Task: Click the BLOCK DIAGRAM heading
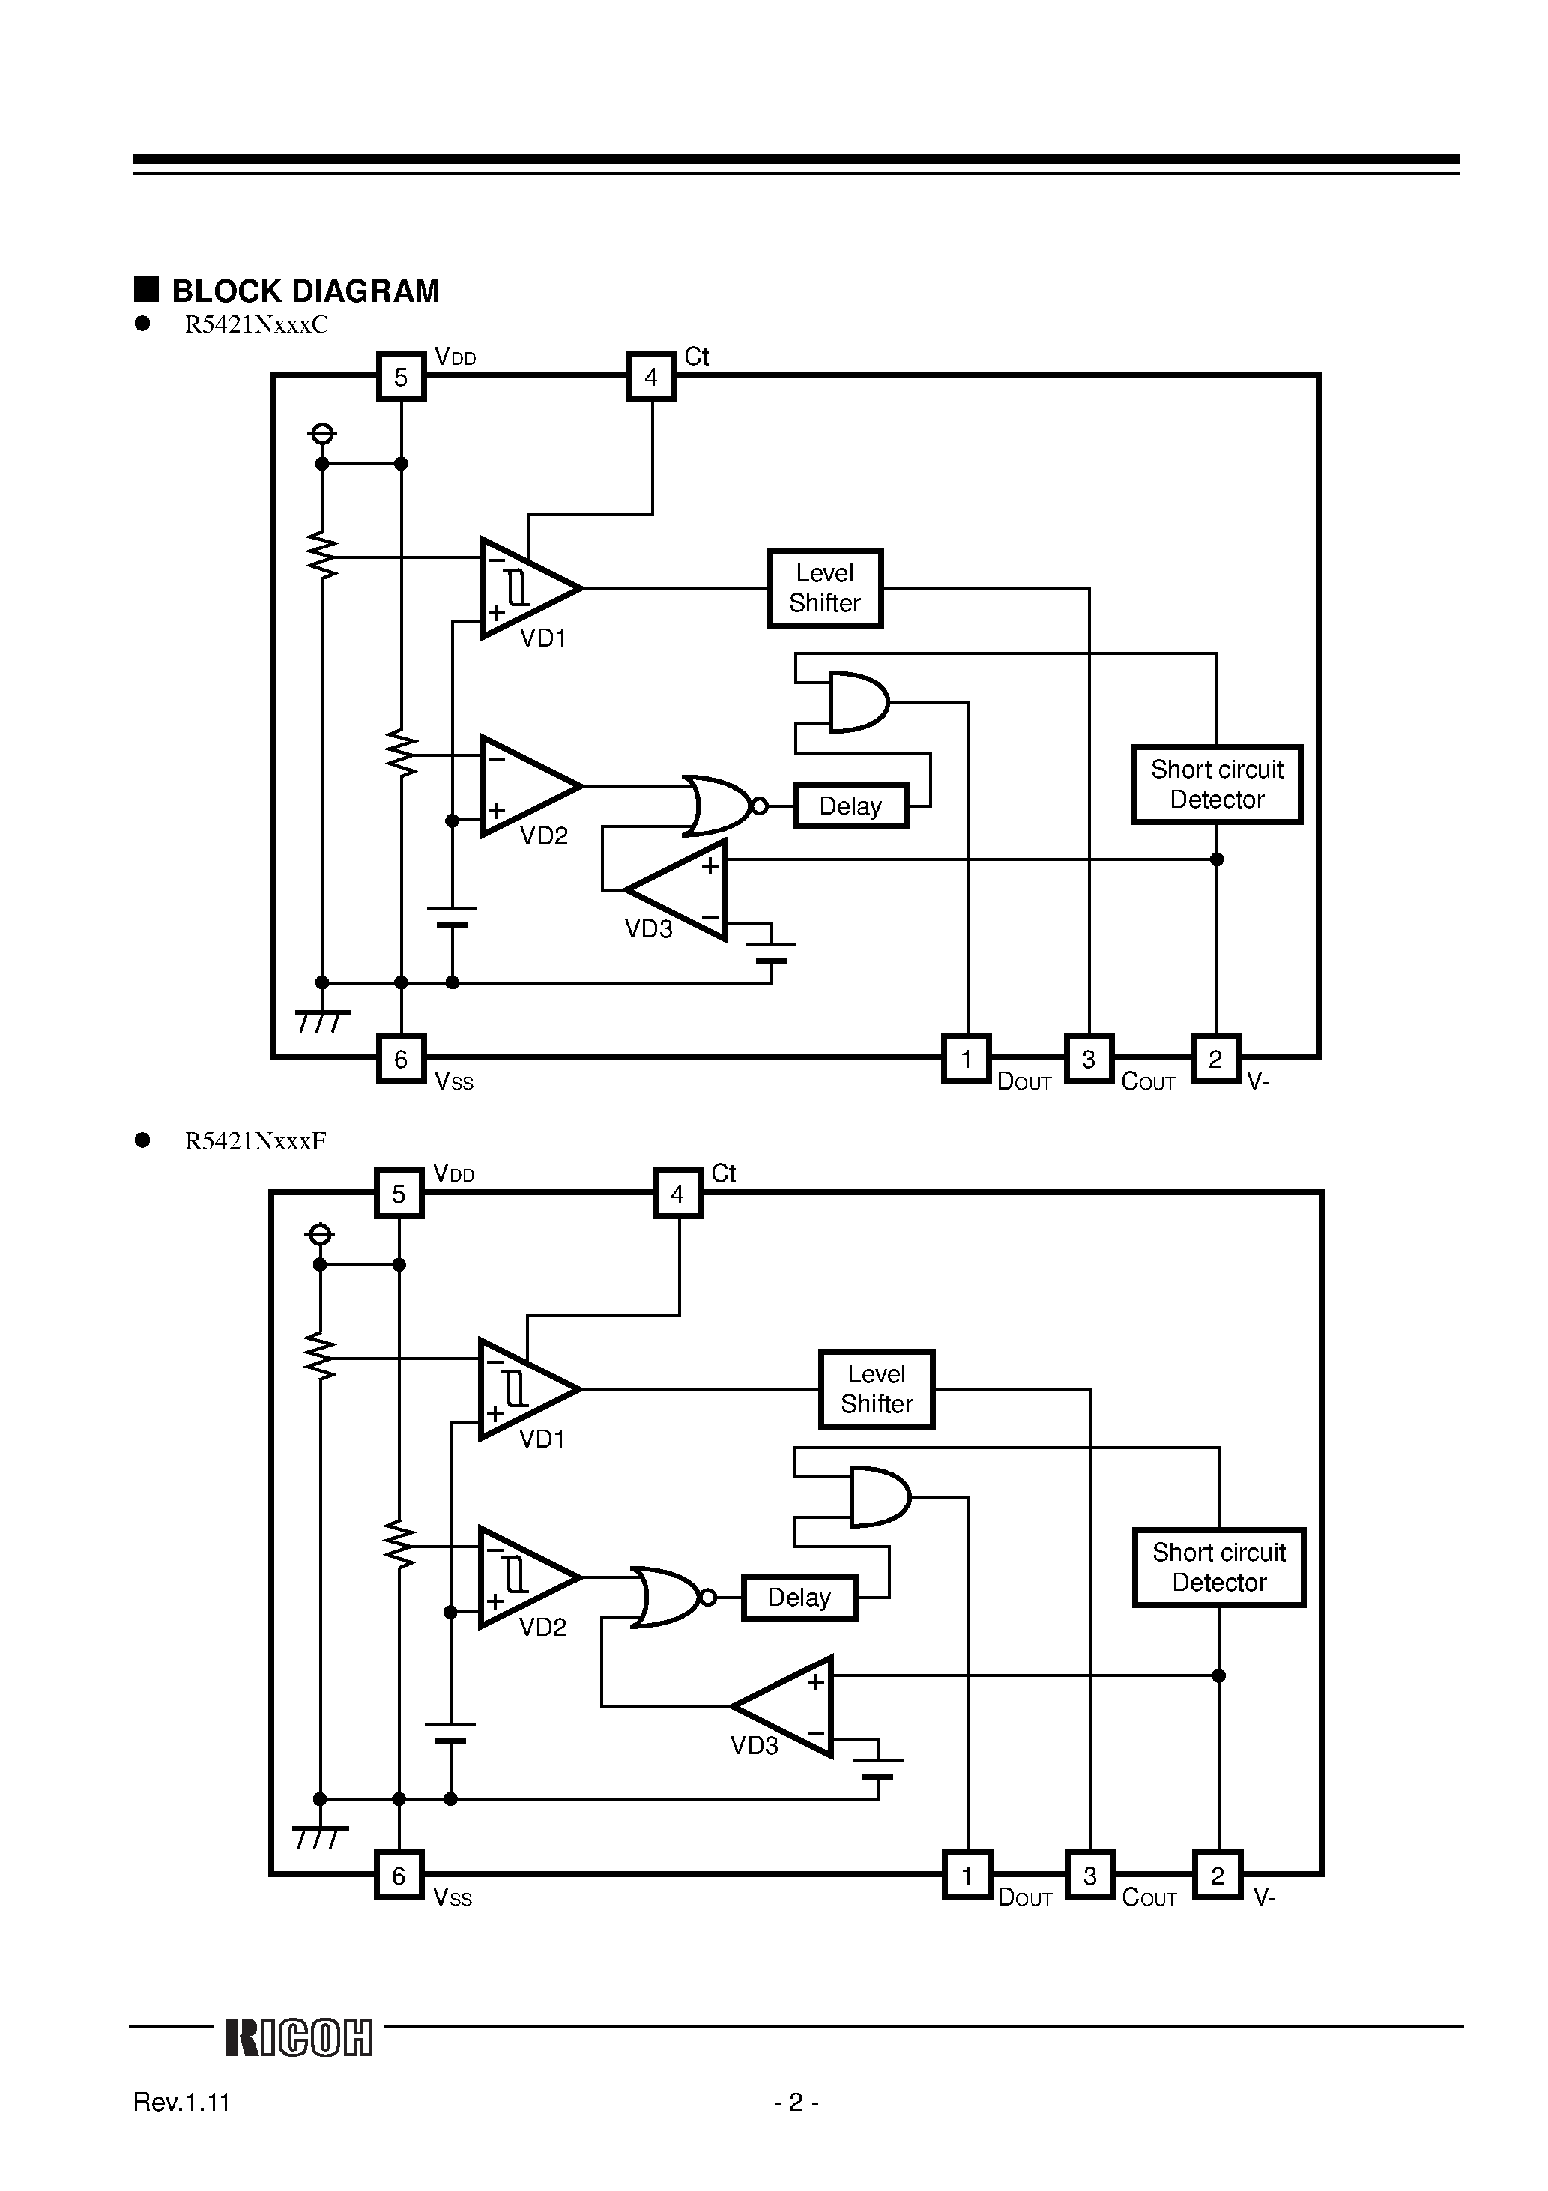[x=304, y=291]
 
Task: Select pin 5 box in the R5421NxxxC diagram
[x=401, y=377]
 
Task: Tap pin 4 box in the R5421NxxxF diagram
[x=677, y=1193]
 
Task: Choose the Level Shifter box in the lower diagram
[x=876, y=1388]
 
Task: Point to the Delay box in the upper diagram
[x=850, y=806]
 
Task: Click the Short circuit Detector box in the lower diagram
[x=1219, y=1567]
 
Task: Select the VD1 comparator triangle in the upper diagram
[x=525, y=587]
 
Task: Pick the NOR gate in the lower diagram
[x=668, y=1597]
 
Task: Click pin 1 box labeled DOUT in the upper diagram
[x=966, y=1058]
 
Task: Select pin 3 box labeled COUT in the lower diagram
[x=1090, y=1875]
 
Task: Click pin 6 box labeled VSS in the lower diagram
[x=399, y=1875]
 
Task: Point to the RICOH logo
[x=299, y=2037]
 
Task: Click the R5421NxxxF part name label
[x=256, y=1140]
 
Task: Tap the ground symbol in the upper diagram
[x=323, y=1020]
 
